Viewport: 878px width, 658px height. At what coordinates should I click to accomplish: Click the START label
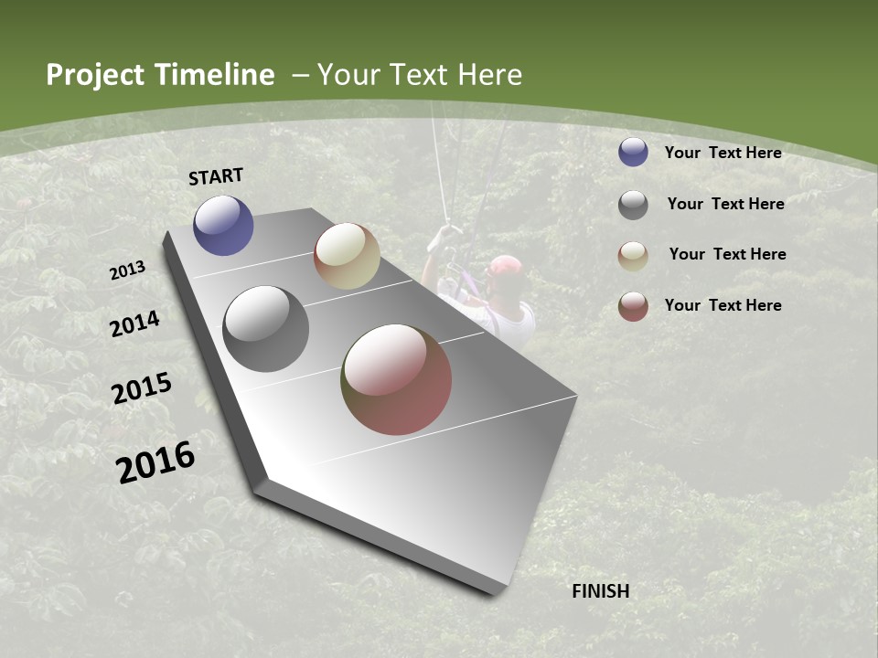[x=216, y=176]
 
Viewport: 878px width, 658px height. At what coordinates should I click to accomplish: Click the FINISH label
[x=601, y=591]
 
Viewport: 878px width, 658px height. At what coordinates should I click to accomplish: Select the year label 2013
[x=127, y=271]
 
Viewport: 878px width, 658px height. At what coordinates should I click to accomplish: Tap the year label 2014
[x=134, y=324]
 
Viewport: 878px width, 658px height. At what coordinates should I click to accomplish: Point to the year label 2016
[x=155, y=462]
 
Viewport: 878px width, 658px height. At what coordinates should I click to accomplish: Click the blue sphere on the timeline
[x=223, y=225]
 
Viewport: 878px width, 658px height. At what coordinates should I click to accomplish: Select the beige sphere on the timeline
[x=347, y=256]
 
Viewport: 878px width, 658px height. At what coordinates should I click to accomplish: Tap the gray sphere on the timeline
[x=265, y=329]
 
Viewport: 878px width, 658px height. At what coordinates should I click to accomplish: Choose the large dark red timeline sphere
[x=396, y=379]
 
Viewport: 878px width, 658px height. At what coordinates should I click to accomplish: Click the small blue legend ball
[x=633, y=153]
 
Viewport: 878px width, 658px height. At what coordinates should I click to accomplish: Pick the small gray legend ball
[x=633, y=205]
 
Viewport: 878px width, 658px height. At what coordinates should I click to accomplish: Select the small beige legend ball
[x=633, y=256]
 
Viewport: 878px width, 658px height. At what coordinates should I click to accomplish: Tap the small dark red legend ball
[x=633, y=306]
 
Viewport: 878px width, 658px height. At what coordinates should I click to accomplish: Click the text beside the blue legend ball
[x=723, y=153]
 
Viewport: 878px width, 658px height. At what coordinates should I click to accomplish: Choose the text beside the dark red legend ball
[x=723, y=305]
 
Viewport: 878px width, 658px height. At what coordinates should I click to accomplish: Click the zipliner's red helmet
[x=506, y=267]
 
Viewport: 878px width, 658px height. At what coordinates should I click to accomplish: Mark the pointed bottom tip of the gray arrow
[x=495, y=593]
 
